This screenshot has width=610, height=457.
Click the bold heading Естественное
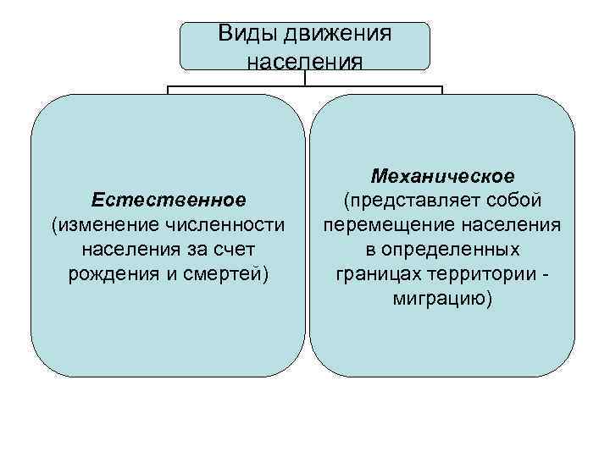click(x=169, y=200)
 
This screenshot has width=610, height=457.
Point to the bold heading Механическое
click(x=442, y=177)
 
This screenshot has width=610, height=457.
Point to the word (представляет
click(x=408, y=201)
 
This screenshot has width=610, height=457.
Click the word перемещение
click(x=380, y=226)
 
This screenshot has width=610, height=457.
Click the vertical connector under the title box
click(x=305, y=77)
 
